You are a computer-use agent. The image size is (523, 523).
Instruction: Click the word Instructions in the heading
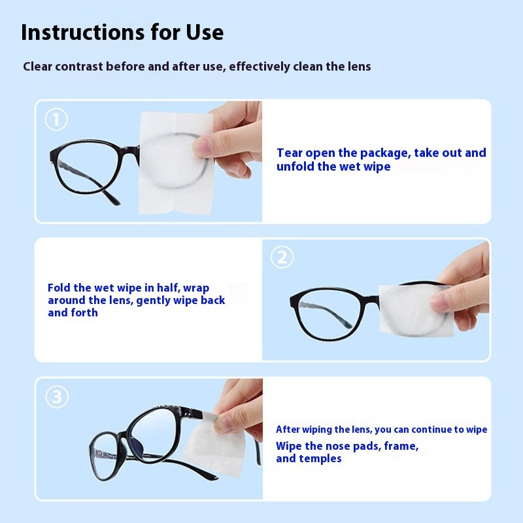83,32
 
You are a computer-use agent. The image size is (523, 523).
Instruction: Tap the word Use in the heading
205,32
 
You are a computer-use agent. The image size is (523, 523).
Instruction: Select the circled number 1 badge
56,120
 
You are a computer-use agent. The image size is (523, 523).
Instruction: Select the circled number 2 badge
282,257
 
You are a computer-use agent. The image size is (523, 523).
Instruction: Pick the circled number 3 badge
57,397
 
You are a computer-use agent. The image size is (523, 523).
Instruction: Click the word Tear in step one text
290,153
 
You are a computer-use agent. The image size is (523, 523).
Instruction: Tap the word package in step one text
385,153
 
